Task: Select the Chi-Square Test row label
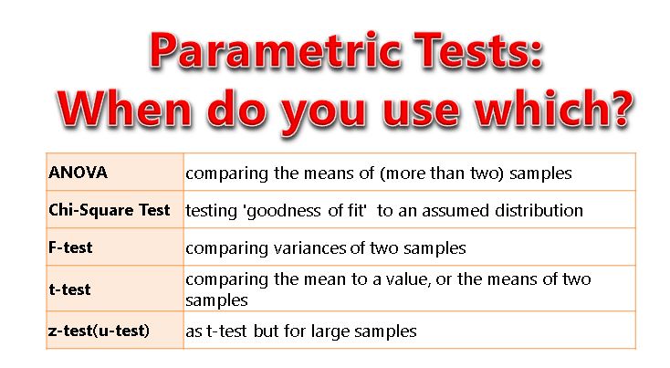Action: coord(110,209)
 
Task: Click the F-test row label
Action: coord(71,247)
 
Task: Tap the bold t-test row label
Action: coord(70,289)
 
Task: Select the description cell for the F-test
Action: coord(408,247)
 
